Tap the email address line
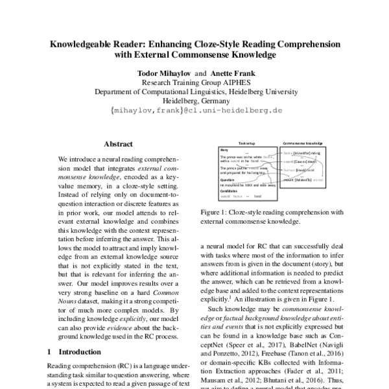(194, 110)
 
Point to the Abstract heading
(118, 144)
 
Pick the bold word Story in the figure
(224, 149)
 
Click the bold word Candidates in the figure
(229, 191)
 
